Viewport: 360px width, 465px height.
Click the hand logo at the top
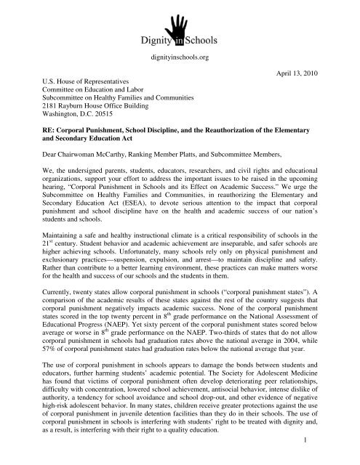(x=179, y=21)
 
